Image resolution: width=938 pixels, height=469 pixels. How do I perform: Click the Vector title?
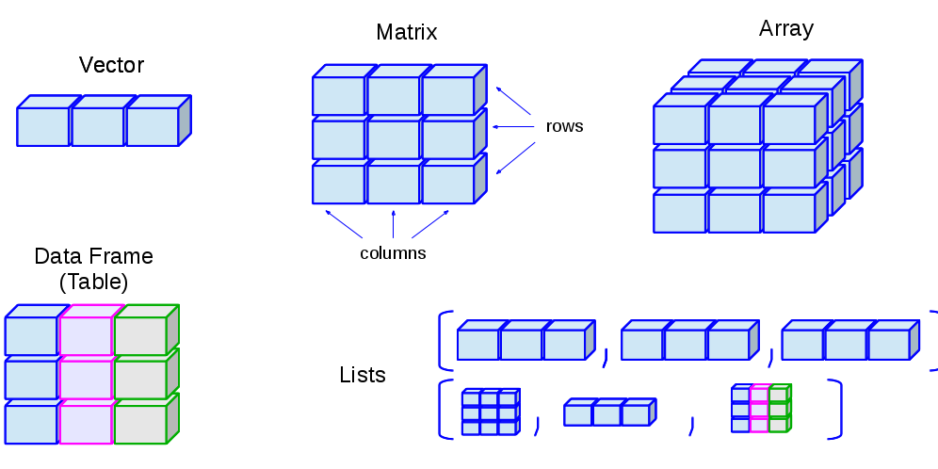(x=111, y=65)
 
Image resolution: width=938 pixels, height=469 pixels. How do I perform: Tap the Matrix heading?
(x=406, y=32)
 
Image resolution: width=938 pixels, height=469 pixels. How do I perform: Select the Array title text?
(x=785, y=28)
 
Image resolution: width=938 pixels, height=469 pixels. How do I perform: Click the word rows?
(x=564, y=126)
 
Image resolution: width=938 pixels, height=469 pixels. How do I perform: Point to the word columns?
(x=393, y=253)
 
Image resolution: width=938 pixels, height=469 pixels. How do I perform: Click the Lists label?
(x=363, y=375)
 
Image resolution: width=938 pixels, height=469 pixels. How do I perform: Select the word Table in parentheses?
(x=93, y=282)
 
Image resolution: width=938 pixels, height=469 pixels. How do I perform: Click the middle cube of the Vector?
(x=98, y=127)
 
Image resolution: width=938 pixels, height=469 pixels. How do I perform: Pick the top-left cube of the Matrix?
(x=338, y=96)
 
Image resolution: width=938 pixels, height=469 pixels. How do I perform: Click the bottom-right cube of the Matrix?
(x=447, y=185)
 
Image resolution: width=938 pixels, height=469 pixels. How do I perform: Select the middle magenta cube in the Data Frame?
(x=86, y=380)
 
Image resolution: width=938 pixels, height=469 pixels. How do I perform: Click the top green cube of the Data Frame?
(x=140, y=336)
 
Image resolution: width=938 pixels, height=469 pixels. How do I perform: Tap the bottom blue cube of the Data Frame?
(x=31, y=424)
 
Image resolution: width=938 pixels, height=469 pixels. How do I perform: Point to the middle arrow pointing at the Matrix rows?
(x=513, y=126)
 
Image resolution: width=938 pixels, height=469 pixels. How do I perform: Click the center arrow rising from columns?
(x=393, y=224)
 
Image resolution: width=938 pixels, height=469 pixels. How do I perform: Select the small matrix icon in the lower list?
(x=490, y=412)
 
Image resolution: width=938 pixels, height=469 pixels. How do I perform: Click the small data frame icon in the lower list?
(x=760, y=408)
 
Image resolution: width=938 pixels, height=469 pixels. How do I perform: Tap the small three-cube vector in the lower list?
(x=607, y=413)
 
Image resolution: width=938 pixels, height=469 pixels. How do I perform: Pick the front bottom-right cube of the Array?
(x=788, y=213)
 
